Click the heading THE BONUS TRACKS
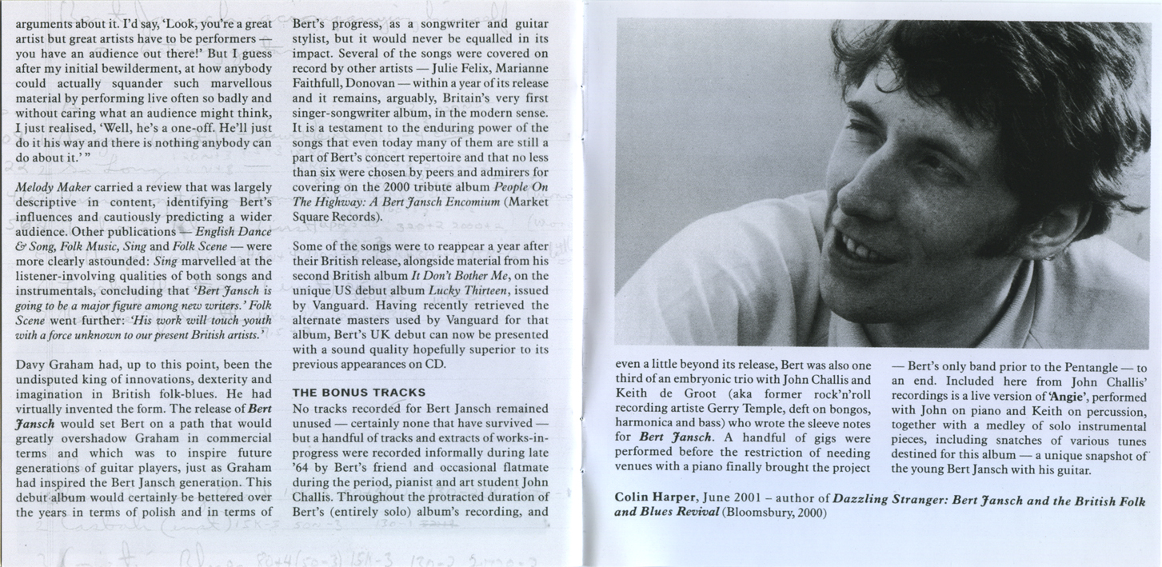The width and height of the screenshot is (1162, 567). (x=358, y=393)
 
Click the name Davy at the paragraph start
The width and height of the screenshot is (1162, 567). (x=30, y=365)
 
